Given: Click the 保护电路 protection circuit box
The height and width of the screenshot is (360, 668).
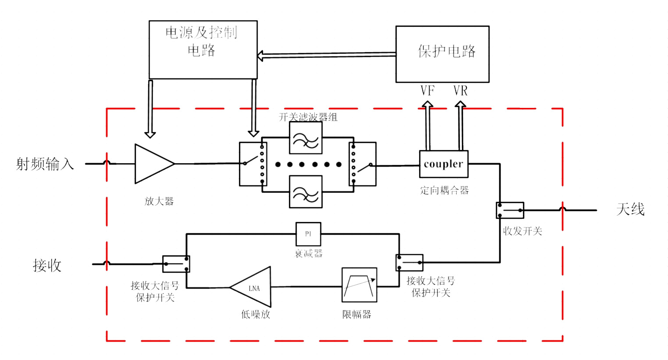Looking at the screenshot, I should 442,54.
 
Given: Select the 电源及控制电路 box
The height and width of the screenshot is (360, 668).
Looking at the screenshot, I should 203,50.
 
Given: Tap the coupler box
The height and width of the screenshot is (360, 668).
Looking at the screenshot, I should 444,164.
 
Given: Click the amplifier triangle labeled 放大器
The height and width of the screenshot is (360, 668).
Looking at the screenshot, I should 152,164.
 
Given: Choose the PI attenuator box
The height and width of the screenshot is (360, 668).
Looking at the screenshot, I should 308,234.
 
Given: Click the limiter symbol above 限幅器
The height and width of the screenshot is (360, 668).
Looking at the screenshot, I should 359,285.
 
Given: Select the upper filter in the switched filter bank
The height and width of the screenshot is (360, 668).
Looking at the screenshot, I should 306,138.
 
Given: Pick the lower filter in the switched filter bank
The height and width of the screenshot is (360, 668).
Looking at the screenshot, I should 306,192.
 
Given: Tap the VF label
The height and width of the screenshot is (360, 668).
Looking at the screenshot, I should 427,91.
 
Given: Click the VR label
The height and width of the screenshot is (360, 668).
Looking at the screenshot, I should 460,91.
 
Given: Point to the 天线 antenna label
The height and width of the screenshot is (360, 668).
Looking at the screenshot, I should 630,210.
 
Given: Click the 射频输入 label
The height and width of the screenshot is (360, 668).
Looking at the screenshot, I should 45,164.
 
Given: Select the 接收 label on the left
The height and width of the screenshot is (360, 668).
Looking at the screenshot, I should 47,265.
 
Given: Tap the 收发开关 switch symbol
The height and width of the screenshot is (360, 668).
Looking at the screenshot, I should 510,210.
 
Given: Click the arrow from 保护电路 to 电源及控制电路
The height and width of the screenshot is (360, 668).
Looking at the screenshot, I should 327,55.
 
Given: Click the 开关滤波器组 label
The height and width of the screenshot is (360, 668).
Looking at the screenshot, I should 308,117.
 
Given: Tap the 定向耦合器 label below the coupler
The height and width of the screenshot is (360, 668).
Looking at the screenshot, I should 444,190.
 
